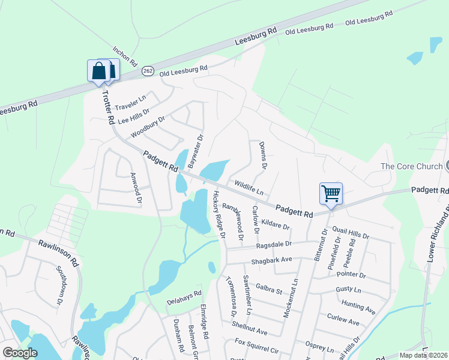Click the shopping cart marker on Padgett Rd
point(331,194)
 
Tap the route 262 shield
point(148,71)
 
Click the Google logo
point(20,353)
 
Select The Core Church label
point(411,166)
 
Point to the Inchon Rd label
point(125,56)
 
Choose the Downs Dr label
point(262,155)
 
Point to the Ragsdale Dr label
point(273,244)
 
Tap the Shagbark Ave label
point(271,259)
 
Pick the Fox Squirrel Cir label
point(257,346)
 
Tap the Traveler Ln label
point(130,103)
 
